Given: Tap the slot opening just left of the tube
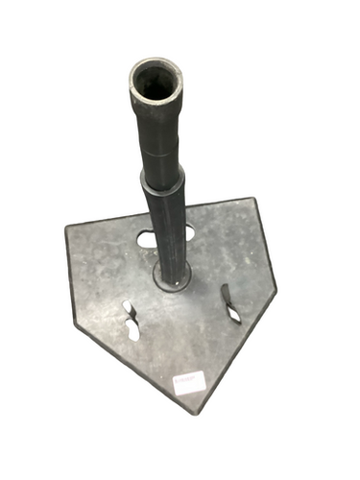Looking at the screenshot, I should pyautogui.click(x=147, y=238).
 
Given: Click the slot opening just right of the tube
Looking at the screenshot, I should pyautogui.click(x=188, y=231).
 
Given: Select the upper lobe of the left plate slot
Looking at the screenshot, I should pyautogui.click(x=128, y=309).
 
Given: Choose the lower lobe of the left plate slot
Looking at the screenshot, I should pyautogui.click(x=133, y=331).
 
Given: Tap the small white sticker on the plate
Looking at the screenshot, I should pyautogui.click(x=186, y=382).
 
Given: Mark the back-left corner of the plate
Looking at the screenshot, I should pyautogui.click(x=67, y=228).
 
